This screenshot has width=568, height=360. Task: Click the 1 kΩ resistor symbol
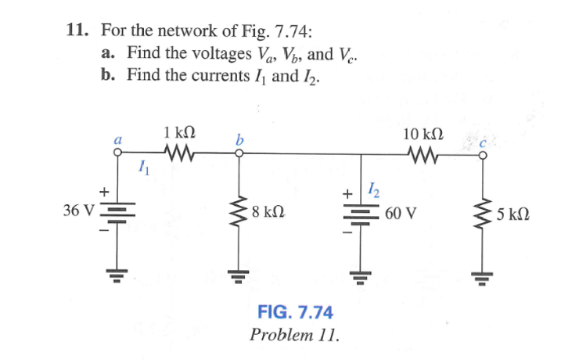click(179, 153)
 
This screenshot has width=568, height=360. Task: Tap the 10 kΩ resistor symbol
click(423, 153)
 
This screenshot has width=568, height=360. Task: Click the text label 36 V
click(78, 211)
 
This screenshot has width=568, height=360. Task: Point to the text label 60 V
click(401, 212)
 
